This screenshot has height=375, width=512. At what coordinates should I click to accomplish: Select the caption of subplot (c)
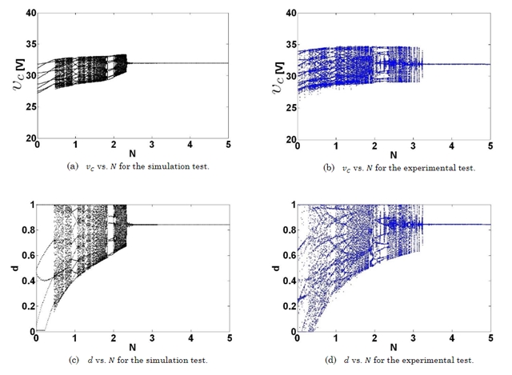pyautogui.click(x=133, y=359)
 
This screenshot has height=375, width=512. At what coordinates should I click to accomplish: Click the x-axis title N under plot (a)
pyautogui.click(x=133, y=155)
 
